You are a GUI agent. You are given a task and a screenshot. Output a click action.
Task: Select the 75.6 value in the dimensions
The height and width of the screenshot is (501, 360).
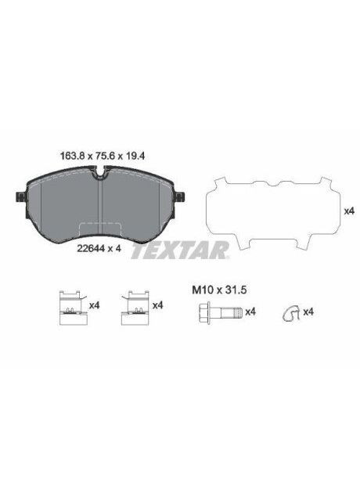pyautogui.click(x=101, y=155)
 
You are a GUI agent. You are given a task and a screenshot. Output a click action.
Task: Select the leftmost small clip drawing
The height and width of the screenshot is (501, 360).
pyautogui.click(x=70, y=306)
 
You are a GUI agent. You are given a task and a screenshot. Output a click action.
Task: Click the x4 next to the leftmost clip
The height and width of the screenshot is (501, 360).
pyautogui.click(x=94, y=305)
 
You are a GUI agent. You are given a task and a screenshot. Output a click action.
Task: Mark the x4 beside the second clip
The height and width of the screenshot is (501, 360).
pyautogui.click(x=157, y=305)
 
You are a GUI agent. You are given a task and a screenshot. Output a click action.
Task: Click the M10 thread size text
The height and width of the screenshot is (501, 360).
pyautogui.click(x=203, y=290)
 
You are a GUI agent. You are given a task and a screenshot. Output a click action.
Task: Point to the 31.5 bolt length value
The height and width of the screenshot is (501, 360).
pyautogui.click(x=236, y=290)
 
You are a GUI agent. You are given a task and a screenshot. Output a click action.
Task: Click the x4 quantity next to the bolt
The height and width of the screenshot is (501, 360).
pyautogui.click(x=250, y=312)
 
